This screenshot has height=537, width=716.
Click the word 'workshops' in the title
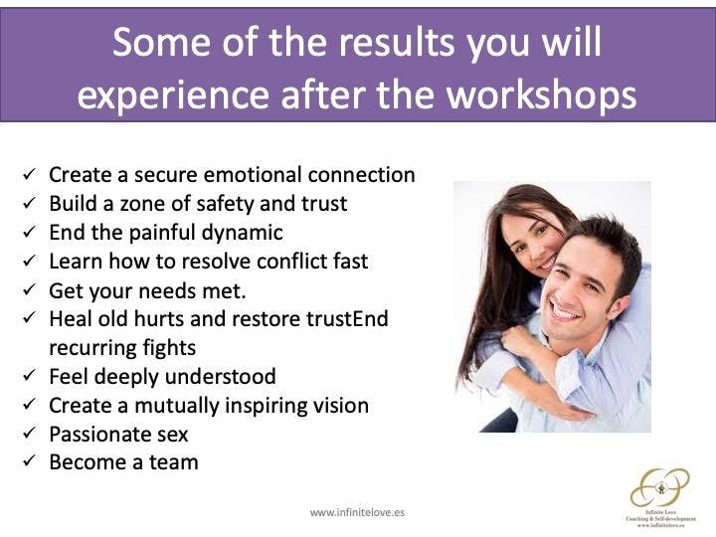[x=541, y=94]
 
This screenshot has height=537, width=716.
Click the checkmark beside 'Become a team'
[x=29, y=461]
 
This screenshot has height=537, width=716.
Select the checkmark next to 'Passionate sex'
[x=29, y=433]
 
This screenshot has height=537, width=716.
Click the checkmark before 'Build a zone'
[x=29, y=202]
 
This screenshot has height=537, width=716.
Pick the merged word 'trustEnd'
[x=347, y=319]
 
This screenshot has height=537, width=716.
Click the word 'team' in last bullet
[x=174, y=462]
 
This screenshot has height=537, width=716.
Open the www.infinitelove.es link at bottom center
[x=357, y=512]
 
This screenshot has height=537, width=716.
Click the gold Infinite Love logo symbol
[x=660, y=487]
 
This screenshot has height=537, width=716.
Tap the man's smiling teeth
[x=565, y=314]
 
